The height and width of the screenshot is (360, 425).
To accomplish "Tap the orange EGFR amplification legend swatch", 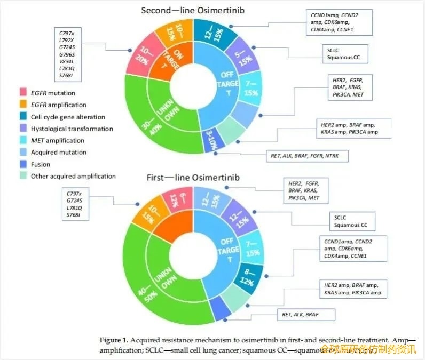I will tap(23, 105).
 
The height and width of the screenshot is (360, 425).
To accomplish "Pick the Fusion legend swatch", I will tap(23, 164).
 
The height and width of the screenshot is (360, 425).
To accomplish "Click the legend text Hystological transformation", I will tap(72, 129).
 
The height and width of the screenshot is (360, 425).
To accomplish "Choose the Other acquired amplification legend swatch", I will tap(23, 175).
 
